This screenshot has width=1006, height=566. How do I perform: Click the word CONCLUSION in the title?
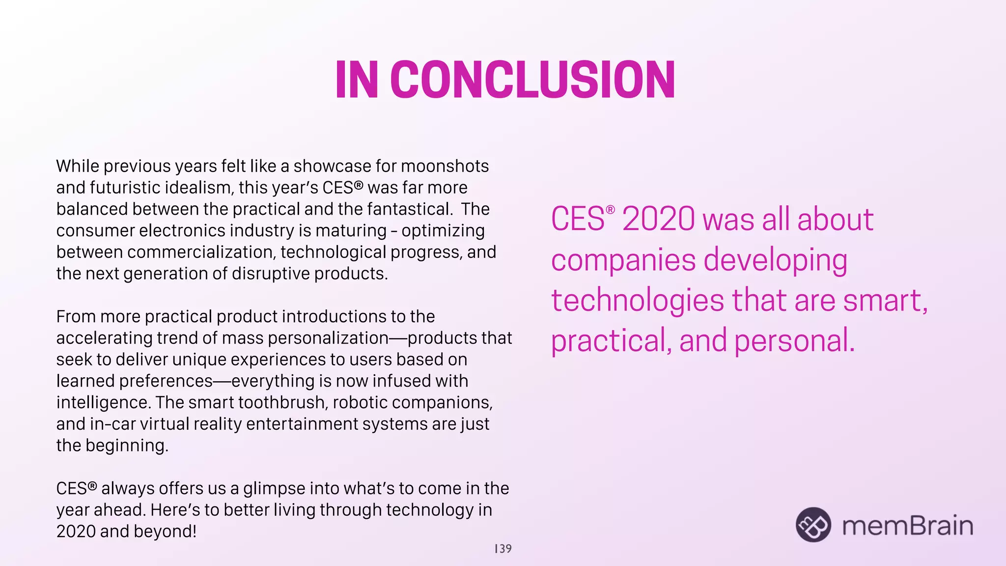(533, 80)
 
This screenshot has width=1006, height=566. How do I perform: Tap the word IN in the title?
(357, 80)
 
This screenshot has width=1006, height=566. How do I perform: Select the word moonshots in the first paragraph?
(445, 167)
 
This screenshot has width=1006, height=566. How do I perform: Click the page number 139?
(503, 549)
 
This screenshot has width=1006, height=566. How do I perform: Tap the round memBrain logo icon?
(813, 525)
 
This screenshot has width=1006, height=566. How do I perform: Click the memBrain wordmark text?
(907, 526)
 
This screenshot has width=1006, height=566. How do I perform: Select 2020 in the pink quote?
(658, 219)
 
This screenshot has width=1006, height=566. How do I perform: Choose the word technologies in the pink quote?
(637, 301)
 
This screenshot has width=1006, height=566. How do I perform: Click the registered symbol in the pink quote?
(610, 210)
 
